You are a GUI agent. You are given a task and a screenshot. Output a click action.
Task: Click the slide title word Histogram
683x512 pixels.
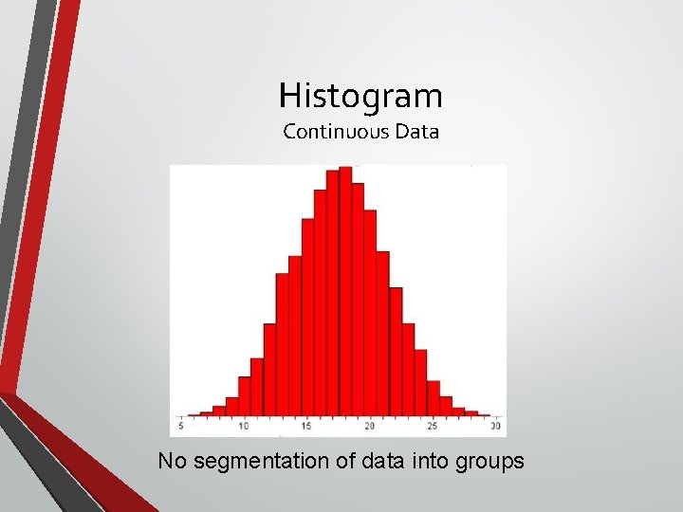pos(360,96)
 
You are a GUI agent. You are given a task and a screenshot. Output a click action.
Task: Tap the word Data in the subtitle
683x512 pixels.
pos(417,132)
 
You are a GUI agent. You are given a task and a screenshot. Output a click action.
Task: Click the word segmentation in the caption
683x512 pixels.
pos(250,462)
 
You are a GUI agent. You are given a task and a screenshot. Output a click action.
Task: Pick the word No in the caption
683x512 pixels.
pos(172,462)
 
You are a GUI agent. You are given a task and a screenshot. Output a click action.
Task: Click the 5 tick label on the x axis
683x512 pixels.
pos(181,427)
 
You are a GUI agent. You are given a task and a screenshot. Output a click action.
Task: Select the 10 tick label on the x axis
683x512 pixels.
pos(244,427)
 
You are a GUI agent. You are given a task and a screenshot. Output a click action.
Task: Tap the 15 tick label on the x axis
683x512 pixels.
pos(306,427)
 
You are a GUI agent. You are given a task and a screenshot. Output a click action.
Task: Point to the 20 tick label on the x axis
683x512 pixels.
pos(369,427)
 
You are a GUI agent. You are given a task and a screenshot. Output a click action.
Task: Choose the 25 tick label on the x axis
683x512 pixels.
pos(433,427)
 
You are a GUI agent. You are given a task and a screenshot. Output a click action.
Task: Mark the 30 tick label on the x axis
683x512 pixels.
pos(495,427)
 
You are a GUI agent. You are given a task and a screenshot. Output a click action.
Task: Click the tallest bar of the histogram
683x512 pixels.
pos(345,284)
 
